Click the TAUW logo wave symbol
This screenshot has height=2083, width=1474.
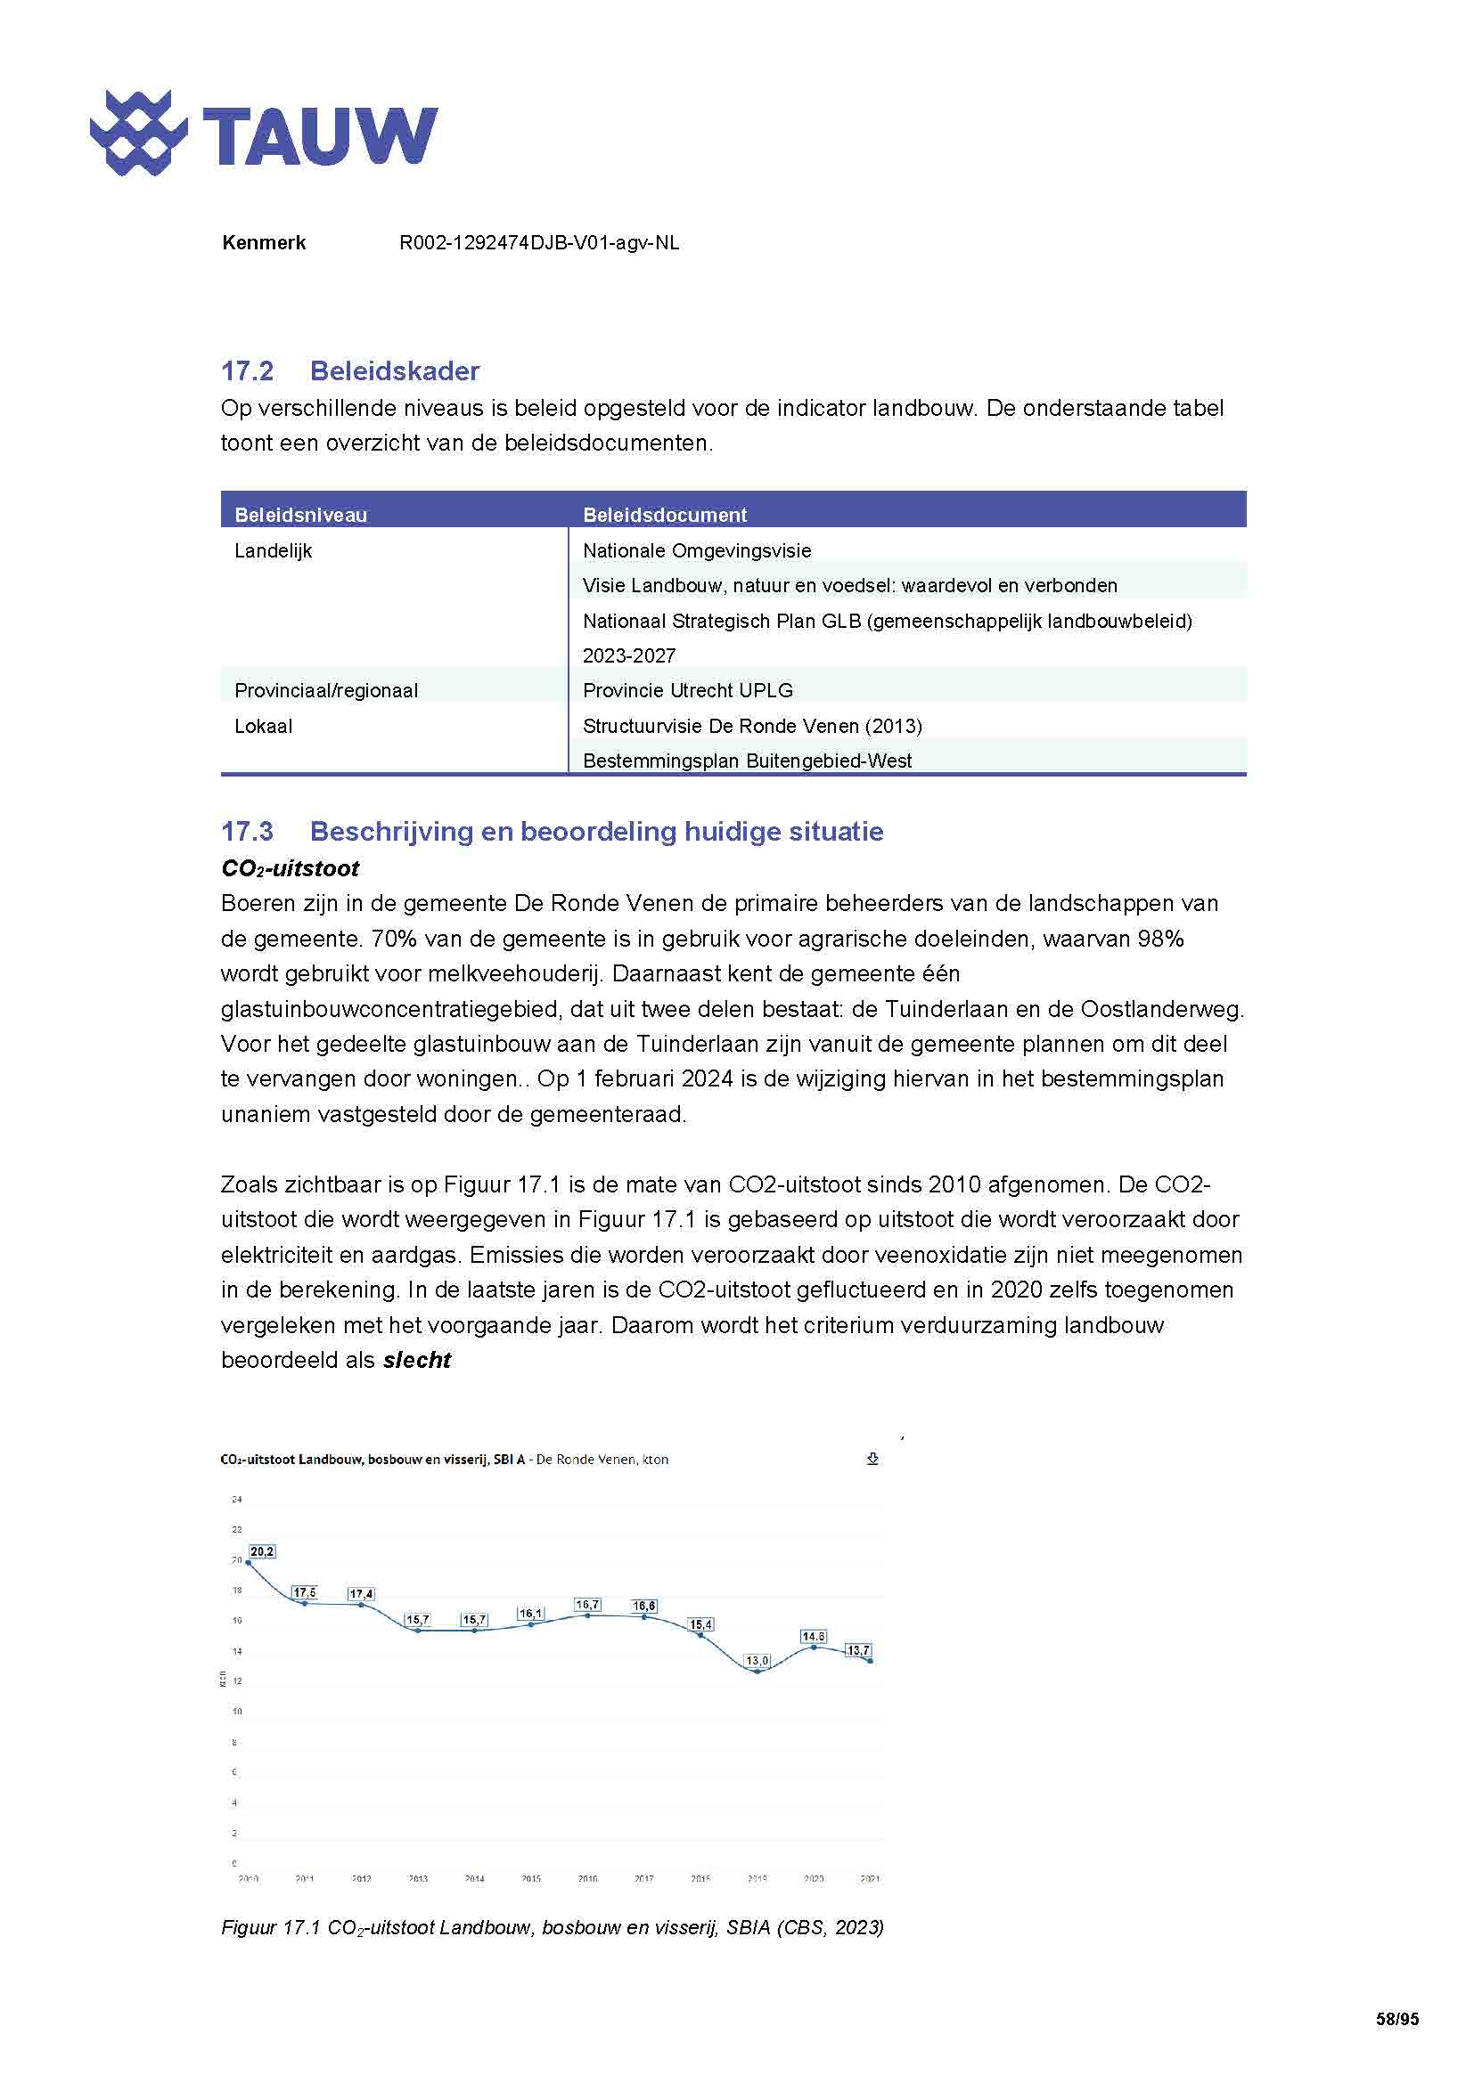(x=138, y=134)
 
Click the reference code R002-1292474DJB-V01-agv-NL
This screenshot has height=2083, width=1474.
(x=539, y=243)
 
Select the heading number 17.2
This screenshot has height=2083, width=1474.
(x=247, y=371)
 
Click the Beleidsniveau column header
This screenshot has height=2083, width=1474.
(x=300, y=515)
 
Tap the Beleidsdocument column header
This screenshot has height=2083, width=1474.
(x=665, y=515)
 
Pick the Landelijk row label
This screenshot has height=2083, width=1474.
(x=274, y=550)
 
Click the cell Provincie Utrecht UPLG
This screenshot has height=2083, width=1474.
(x=687, y=690)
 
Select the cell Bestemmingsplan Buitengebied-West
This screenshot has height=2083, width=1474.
(x=746, y=761)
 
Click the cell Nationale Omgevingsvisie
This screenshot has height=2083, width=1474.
(x=696, y=550)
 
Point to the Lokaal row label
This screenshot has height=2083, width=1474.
(x=263, y=726)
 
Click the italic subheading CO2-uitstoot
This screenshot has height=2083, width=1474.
(x=290, y=868)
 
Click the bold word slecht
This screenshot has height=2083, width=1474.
(x=416, y=1360)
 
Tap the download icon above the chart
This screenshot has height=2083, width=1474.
(x=872, y=1459)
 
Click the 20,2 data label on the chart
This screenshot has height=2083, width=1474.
(x=262, y=1552)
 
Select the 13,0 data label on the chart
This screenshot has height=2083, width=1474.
(x=757, y=1661)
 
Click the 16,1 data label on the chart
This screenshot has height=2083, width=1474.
(x=531, y=1614)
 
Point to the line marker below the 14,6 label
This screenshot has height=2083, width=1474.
(x=815, y=1648)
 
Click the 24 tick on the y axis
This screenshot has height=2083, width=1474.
(x=237, y=1500)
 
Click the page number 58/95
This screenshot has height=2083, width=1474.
(x=1396, y=2020)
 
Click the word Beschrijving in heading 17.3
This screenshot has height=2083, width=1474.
(x=390, y=832)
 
